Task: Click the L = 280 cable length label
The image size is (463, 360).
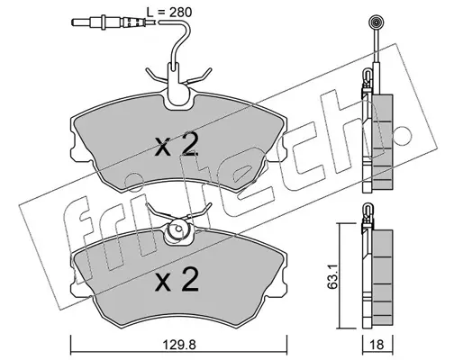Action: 168,13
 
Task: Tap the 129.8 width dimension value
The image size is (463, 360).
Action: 179,345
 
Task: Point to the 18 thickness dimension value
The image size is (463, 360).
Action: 377,345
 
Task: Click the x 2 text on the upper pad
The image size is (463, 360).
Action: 177,145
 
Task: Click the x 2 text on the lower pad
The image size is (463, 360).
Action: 177,280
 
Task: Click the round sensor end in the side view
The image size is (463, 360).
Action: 376,22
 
